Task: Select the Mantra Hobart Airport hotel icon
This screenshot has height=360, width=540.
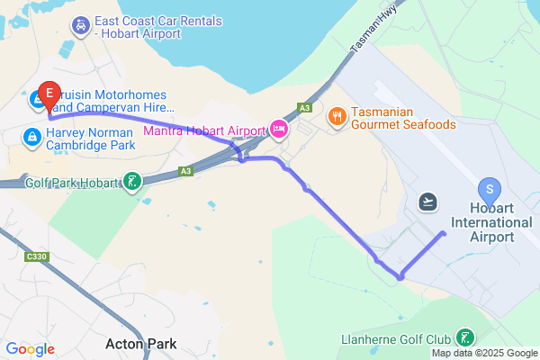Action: [279, 130]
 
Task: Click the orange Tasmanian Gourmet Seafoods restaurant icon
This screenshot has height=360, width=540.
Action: [337, 115]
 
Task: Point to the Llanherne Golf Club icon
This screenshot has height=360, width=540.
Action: [465, 338]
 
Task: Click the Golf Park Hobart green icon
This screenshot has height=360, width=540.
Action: [131, 183]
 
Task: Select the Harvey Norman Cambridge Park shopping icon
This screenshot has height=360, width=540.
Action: [31, 137]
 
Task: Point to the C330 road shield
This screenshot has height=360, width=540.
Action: [36, 257]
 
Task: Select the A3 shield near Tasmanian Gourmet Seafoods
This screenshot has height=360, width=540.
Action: [306, 108]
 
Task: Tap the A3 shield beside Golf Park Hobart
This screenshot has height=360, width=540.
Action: [185, 170]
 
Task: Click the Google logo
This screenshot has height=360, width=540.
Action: [31, 349]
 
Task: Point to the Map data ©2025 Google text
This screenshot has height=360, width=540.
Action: [483, 352]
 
